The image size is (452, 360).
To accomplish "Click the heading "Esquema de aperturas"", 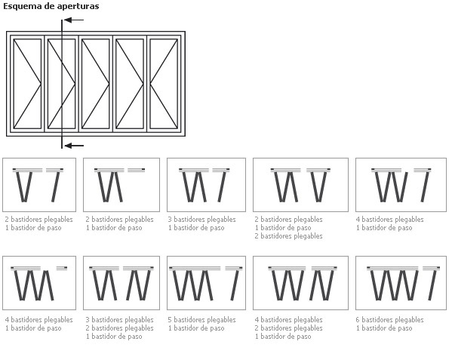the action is coord(51,6).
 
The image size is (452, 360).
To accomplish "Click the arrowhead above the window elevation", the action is coord(68,20).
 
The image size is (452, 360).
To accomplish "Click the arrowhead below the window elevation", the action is coord(68,146).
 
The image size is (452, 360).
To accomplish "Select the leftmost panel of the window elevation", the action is coord(27,84).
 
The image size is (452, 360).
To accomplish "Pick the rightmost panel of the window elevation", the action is coord(164,84).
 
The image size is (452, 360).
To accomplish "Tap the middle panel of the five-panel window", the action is coord(95,84).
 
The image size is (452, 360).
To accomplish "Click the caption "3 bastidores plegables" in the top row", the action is coord(201,220).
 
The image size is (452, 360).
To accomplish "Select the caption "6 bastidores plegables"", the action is coord(389,320).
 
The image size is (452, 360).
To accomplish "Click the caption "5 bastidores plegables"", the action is coord(201,320).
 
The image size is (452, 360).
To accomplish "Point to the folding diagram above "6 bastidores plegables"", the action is coord(401,283).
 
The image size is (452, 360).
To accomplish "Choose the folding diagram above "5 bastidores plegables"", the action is coord(207,283).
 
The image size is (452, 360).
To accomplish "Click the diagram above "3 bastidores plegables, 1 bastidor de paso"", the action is coord(207,185).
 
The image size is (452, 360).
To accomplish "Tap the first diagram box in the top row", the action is coord(39,185).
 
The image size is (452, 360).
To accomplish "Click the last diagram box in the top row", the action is coord(401,185).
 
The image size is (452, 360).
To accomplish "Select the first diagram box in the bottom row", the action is coord(39,283).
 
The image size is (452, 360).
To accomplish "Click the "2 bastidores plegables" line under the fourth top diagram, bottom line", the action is coord(288,236).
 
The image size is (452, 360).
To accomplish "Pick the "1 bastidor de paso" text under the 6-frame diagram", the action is coord(384,328).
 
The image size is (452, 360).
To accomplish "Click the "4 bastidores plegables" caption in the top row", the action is coord(389,220).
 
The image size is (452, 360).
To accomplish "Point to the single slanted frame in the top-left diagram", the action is coord(56,186).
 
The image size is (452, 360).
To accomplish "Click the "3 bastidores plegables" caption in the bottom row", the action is coord(120,320).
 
